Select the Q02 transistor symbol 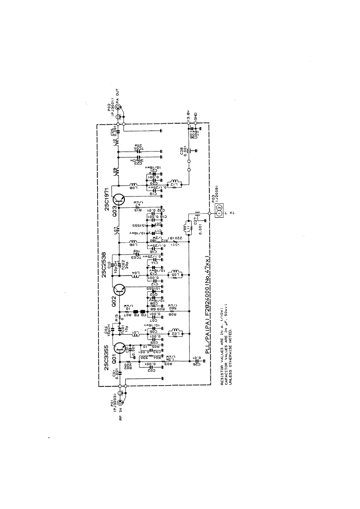tap(120, 289)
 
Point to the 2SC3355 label tap(107, 359)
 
